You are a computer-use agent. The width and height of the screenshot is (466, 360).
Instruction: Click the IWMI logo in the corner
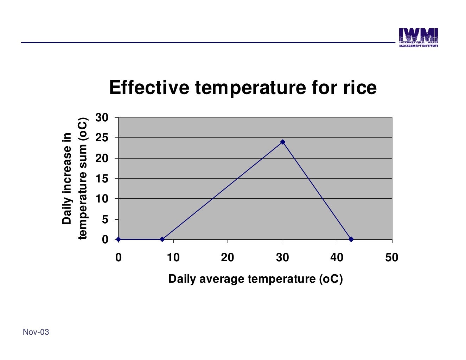point(418,38)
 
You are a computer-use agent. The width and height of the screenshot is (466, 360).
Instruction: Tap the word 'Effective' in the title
point(149,88)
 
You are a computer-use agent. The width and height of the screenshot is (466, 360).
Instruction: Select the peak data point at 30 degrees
point(282,142)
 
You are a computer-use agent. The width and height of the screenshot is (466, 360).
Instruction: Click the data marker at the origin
point(119,239)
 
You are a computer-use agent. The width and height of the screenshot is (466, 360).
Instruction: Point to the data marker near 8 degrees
point(162,239)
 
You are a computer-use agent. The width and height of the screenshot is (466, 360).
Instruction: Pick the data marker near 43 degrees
point(351,239)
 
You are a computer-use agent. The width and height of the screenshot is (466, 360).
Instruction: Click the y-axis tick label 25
point(102,138)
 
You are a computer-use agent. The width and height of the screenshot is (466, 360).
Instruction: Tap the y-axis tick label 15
point(102,179)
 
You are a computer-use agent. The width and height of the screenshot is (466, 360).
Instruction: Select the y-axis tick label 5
point(105,220)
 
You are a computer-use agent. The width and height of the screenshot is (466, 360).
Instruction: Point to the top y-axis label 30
point(102,117)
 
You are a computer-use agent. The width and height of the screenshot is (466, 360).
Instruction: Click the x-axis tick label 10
point(173,258)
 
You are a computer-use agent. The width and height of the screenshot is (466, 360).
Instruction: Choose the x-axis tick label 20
point(228,258)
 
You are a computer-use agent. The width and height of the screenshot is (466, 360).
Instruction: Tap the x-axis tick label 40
point(337,258)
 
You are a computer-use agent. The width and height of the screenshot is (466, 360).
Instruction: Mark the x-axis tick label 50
point(391,258)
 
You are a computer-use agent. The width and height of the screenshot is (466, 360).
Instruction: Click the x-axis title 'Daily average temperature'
point(255,279)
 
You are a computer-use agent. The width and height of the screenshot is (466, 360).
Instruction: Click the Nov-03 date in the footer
point(36,332)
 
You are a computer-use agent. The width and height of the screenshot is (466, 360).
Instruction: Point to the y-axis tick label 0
point(105,240)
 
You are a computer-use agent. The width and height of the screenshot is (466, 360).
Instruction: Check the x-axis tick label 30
point(282,258)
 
